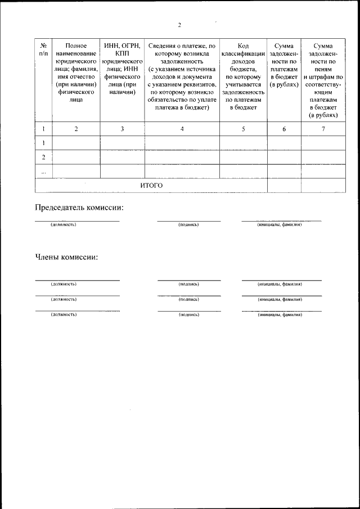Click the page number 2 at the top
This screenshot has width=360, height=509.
pyautogui.click(x=179, y=25)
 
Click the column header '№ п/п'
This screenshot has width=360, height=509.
pyautogui.click(x=43, y=49)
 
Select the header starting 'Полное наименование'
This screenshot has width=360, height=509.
pyautogui.click(x=76, y=72)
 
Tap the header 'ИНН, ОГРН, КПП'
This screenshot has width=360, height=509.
pyautogui.click(x=122, y=67)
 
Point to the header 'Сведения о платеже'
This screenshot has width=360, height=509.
pyautogui.click(x=182, y=76)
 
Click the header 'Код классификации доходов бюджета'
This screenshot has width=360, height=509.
pyautogui.click(x=243, y=76)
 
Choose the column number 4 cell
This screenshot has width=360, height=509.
pyautogui.click(x=182, y=129)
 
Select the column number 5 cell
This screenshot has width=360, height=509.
pyautogui.click(x=243, y=129)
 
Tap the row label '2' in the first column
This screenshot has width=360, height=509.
pyautogui.click(x=43, y=157)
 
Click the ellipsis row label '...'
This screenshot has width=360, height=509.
pyautogui.click(x=43, y=171)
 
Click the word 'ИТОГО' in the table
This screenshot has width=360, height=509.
pyautogui.click(x=151, y=185)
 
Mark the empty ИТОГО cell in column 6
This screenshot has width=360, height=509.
pyautogui.click(x=284, y=185)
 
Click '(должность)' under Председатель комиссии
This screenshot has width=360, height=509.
pyautogui.click(x=63, y=224)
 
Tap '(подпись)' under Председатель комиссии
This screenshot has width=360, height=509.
pyautogui.click(x=188, y=224)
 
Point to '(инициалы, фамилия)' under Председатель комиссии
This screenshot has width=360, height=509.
pyautogui.click(x=280, y=224)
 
